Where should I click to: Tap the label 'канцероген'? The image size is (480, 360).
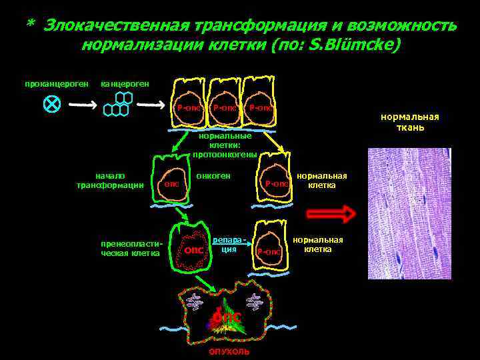coord(124,84)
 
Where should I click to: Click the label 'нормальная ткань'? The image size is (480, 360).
coord(409,122)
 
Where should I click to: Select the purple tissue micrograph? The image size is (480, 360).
coord(409,213)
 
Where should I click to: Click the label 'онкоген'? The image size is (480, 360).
coord(213,175)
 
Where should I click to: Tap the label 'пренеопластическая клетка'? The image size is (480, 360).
coord(129,248)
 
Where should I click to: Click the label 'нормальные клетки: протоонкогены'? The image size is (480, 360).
coord(225,145)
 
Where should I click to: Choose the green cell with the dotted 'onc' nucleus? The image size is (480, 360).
coord(193,248)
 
